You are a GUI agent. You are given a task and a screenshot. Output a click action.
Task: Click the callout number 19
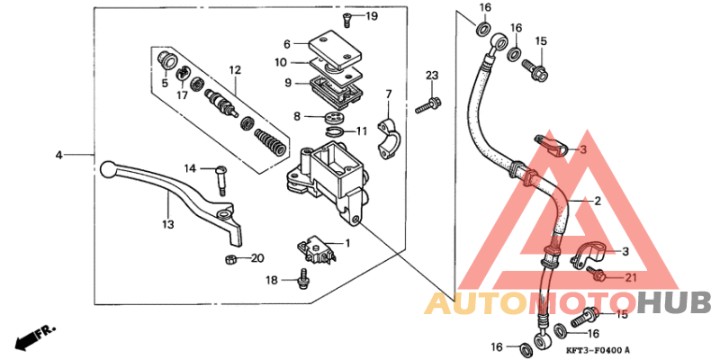(x=372, y=17)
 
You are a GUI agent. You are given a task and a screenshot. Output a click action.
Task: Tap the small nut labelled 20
(x=230, y=260)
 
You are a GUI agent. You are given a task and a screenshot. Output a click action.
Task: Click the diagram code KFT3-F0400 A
(x=598, y=350)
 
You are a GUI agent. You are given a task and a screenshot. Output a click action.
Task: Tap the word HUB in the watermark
(x=675, y=301)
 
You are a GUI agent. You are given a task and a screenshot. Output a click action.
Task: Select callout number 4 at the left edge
(x=59, y=155)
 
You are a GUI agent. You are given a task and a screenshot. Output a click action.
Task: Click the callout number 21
(x=629, y=277)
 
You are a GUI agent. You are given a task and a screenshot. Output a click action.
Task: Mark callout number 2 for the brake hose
(x=595, y=202)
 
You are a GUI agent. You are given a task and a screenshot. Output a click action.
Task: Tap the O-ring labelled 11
(x=335, y=133)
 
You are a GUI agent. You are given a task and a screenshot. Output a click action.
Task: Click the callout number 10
(x=280, y=62)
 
